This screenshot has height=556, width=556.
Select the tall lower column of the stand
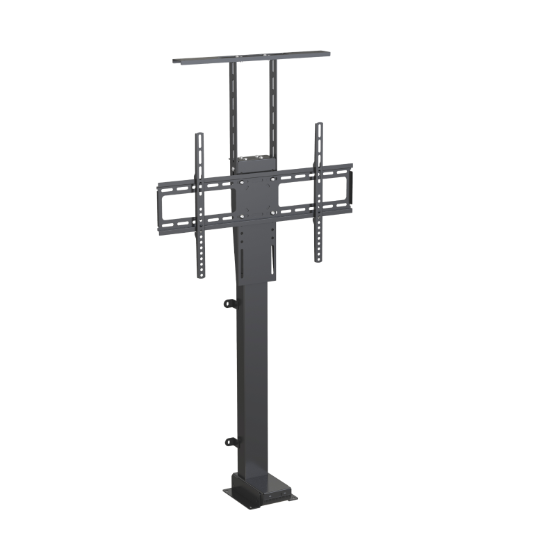tap(253, 375)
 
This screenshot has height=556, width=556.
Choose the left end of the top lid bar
tap(178, 60)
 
